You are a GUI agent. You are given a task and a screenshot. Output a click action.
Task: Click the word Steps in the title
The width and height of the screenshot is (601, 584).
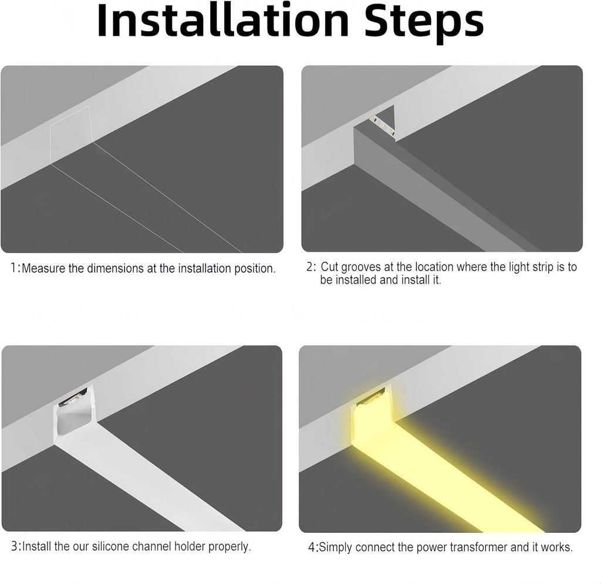point(424,23)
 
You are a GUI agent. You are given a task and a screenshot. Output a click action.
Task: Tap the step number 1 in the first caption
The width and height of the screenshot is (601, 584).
point(13,268)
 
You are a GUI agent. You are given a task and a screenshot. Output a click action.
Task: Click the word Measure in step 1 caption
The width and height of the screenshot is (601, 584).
point(43,268)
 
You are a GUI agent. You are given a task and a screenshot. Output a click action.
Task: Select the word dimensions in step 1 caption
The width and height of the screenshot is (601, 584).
point(116,268)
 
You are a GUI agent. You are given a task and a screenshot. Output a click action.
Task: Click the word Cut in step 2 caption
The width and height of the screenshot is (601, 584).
point(329,266)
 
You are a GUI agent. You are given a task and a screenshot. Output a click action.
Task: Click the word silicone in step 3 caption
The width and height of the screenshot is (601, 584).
point(110,546)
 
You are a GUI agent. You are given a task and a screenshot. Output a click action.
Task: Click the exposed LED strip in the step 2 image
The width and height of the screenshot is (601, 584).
point(381,125)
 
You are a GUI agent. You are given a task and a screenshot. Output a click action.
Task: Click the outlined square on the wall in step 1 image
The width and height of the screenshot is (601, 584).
point(72,135)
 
